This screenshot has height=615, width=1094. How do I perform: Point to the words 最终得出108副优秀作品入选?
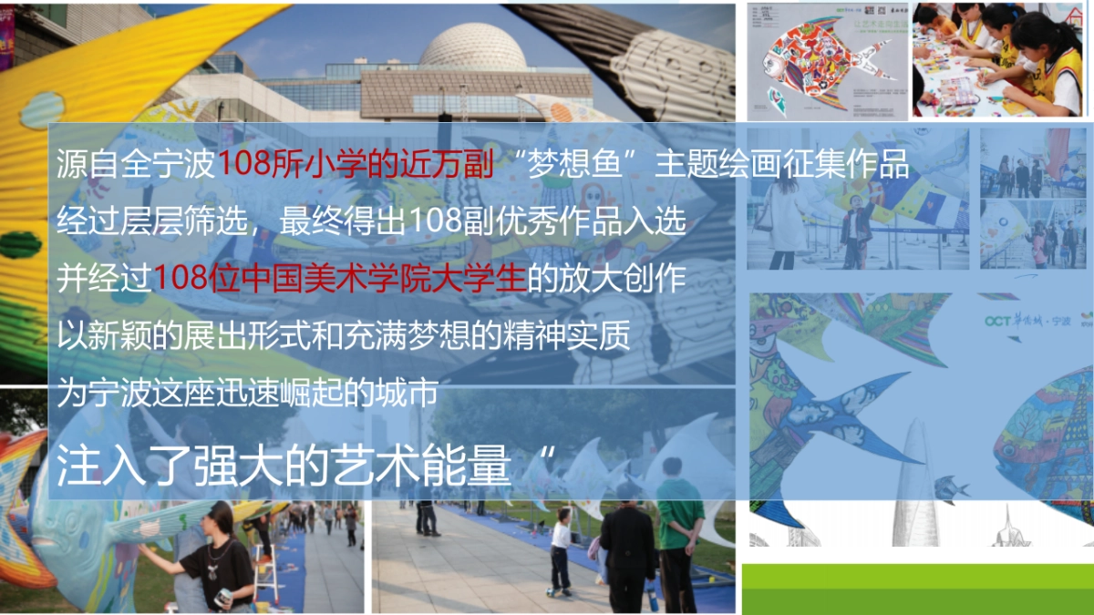(x=482, y=221)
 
